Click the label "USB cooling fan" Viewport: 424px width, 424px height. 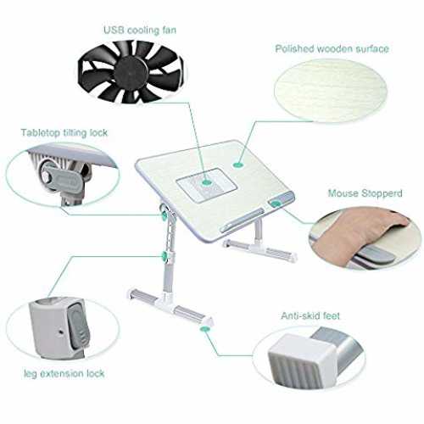click(140, 30)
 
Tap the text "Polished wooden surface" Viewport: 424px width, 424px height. click(332, 49)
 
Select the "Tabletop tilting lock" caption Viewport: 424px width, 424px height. click(64, 133)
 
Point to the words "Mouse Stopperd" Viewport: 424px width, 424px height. click(365, 193)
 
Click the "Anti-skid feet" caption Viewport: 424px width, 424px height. click(310, 315)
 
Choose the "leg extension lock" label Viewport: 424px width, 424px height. click(64, 374)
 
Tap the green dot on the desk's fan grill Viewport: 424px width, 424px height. click(207, 182)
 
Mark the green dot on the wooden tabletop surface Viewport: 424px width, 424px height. click(239, 165)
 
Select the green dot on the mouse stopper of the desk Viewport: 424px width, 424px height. click(276, 204)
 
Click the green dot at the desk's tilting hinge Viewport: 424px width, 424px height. click(164, 216)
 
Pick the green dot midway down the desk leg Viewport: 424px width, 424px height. click(164, 256)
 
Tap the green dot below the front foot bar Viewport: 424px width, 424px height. click(204, 328)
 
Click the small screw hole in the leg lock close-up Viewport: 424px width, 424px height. click(61, 331)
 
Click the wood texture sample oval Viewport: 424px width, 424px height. click(331, 91)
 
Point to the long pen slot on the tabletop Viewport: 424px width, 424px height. click(242, 220)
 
